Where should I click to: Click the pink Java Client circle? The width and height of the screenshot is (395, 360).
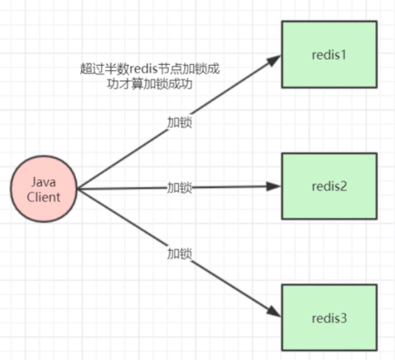point(44,188)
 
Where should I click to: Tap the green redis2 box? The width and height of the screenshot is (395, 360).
point(330,186)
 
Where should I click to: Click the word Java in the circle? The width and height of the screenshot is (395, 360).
point(44,181)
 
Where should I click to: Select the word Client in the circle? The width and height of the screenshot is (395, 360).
point(44,196)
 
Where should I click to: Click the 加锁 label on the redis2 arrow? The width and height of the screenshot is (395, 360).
point(179,187)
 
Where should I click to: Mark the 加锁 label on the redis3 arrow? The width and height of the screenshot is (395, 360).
point(179,254)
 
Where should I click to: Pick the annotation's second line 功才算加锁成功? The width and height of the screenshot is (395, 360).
point(150,83)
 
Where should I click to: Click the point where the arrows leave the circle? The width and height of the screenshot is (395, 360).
point(77,189)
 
